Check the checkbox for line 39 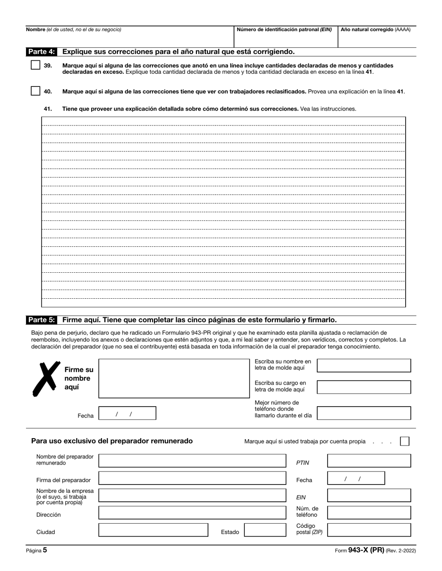tap(35, 66)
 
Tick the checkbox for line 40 tap(35, 91)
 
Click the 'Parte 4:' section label tap(41, 52)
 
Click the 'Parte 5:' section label tap(41, 320)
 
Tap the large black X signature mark tap(45, 378)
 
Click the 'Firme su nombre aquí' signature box tap(174, 378)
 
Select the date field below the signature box tap(127, 413)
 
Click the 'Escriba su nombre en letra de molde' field tap(363, 366)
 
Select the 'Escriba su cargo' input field tap(363, 387)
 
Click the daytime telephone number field tap(363, 413)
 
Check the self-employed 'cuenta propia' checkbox tap(405, 441)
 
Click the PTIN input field tap(369, 461)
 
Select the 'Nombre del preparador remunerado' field tap(192, 461)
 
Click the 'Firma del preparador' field tap(192, 478)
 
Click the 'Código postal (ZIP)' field tap(369, 530)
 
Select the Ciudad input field tap(153, 530)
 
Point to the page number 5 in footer tap(45, 550)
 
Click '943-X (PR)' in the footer tap(366, 550)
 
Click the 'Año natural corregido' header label tap(375, 30)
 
